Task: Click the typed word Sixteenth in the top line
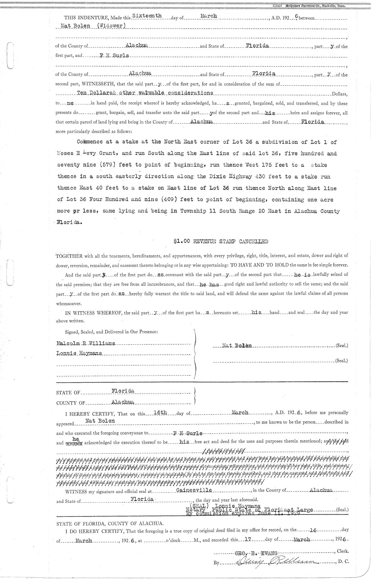[x=147, y=16]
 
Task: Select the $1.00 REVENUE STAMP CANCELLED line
[x=221, y=241]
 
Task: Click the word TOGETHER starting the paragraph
[x=69, y=256]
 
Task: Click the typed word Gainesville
[x=194, y=490]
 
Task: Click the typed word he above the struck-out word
[x=74, y=438]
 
